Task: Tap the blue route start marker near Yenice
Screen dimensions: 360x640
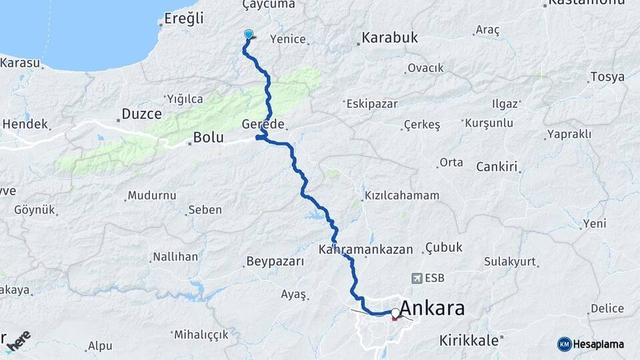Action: (x=249, y=35)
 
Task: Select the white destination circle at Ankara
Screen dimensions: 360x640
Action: (x=396, y=312)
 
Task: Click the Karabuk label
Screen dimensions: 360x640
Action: (x=390, y=37)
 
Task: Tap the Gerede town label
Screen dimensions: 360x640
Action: (x=265, y=125)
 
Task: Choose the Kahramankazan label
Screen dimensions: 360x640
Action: (x=365, y=249)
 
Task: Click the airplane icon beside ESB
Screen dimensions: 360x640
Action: (x=417, y=277)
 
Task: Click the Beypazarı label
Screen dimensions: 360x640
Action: (x=275, y=261)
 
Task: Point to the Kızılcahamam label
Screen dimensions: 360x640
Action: (x=402, y=195)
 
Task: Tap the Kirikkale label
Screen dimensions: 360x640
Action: (x=469, y=341)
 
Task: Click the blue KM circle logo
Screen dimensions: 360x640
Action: (x=564, y=344)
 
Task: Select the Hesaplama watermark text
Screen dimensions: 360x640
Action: (x=599, y=344)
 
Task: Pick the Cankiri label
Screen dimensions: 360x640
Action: (x=497, y=167)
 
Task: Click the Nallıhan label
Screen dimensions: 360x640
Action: (x=175, y=257)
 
